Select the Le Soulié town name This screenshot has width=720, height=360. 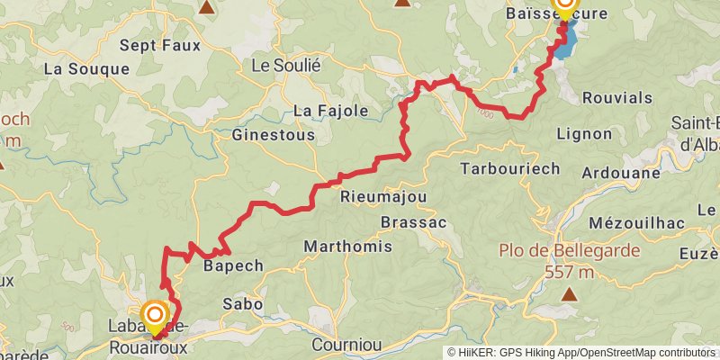pyautogui.click(x=285, y=65)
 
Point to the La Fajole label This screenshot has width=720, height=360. pyautogui.click(x=331, y=111)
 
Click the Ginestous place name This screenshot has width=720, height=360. pyautogui.click(x=274, y=135)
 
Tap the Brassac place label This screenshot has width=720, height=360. pyautogui.click(x=413, y=221)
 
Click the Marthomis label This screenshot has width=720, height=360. pyautogui.click(x=347, y=246)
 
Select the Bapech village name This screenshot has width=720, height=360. pyautogui.click(x=233, y=265)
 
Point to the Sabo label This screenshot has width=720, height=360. pyautogui.click(x=242, y=304)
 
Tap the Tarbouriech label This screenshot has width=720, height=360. pyautogui.click(x=509, y=168)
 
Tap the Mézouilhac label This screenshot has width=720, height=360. pyautogui.click(x=633, y=222)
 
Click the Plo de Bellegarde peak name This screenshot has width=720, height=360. pyautogui.click(x=570, y=250)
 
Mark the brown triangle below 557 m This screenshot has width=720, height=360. pyautogui.click(x=570, y=293)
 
